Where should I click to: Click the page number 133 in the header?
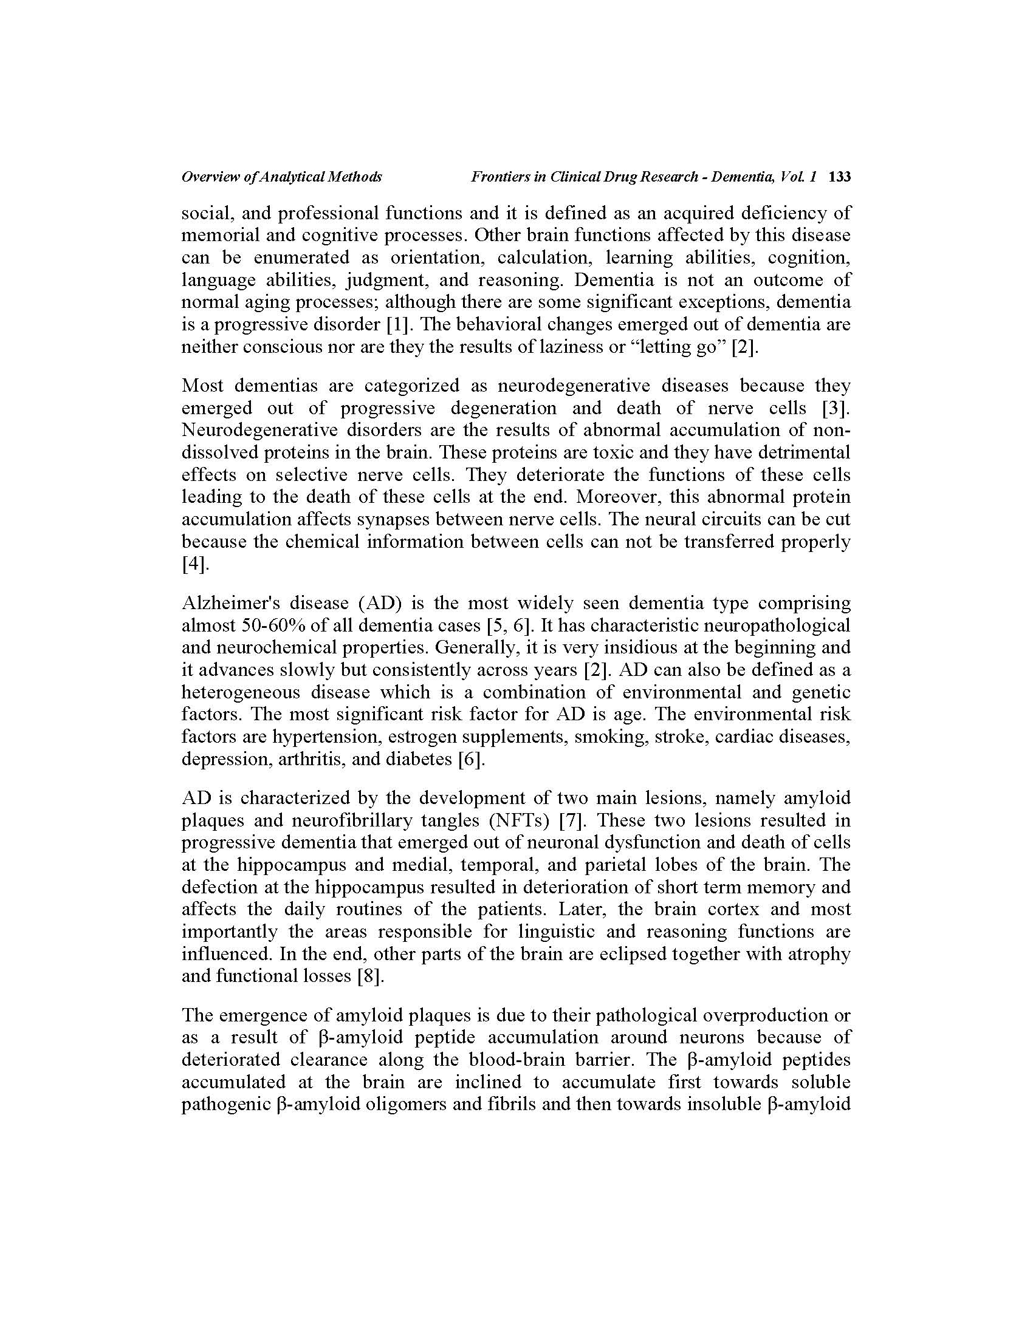(839, 177)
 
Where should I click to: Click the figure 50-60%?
(275, 625)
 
